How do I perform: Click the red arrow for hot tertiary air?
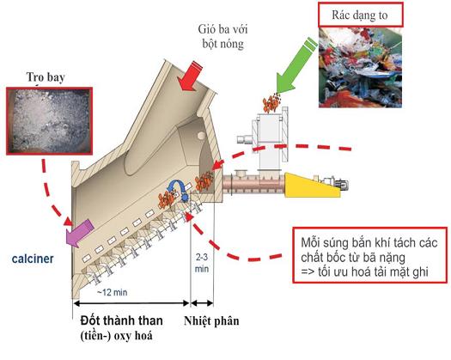190,76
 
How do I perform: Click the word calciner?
33,259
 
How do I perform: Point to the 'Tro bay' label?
46,77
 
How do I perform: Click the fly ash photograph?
49,121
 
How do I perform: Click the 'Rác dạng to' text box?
361,15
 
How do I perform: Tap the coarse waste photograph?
360,68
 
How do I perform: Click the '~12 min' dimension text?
112,292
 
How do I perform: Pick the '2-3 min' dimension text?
202,263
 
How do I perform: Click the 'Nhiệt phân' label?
211,320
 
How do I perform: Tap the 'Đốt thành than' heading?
122,320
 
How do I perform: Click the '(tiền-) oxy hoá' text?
117,336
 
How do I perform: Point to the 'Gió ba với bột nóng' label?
222,37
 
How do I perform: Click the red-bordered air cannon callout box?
370,255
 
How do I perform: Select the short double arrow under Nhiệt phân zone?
202,303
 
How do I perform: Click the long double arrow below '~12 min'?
131,303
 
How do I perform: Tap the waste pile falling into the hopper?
271,103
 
